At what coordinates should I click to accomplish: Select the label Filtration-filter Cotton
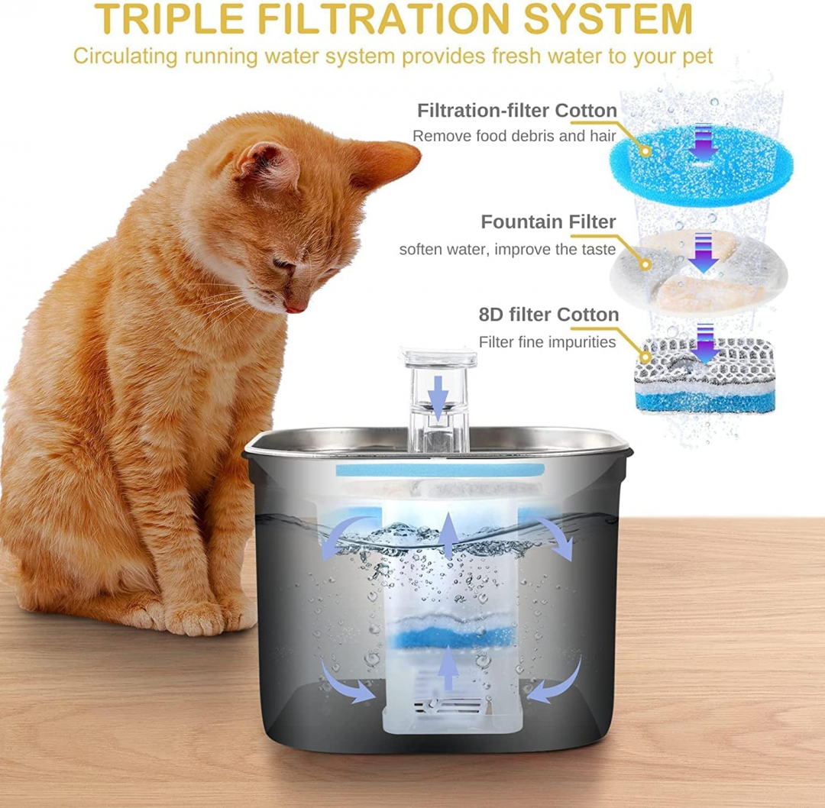[x=516, y=111]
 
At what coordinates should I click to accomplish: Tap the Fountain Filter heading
[x=548, y=222]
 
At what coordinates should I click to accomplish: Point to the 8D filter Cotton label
[x=548, y=315]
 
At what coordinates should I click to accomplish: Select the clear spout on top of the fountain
[x=438, y=400]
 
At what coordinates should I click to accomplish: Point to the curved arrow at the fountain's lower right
[x=554, y=684]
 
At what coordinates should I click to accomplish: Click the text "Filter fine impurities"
[x=547, y=342]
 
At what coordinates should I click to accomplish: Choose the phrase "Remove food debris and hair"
[x=525, y=137]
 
